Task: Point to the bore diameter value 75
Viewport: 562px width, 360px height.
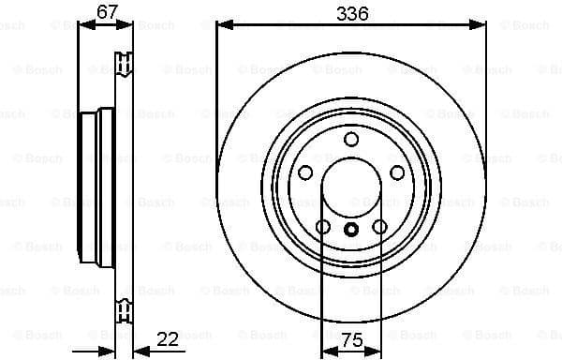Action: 351,341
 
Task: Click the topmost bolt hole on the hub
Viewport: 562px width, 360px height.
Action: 351,140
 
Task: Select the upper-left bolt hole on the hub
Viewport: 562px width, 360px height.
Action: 305,172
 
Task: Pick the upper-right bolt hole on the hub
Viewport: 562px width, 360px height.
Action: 397,172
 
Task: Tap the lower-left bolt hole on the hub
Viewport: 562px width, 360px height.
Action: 323,227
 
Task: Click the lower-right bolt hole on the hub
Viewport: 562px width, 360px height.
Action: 379,227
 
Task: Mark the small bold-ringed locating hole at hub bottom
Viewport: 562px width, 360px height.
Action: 351,230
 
